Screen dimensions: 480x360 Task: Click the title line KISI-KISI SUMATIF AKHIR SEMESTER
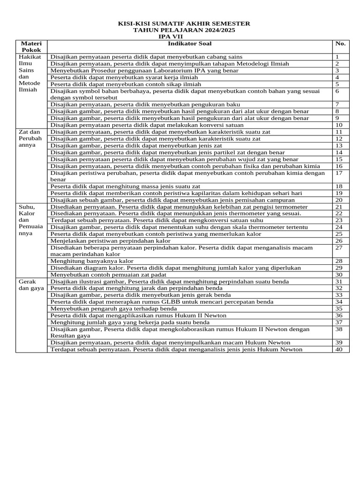click(184, 23)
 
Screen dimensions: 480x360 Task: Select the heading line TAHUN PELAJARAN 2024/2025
click(184, 30)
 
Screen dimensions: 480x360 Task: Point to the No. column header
click(340, 44)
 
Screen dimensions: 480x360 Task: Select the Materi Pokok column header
click(31, 46)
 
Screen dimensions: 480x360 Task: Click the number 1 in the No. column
click(337, 57)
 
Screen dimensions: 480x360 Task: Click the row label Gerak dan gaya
click(30, 285)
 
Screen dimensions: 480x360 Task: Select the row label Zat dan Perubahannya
click(30, 139)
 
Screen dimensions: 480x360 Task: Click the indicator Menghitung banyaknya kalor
click(92, 261)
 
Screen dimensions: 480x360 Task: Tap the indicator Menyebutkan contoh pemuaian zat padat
click(109, 275)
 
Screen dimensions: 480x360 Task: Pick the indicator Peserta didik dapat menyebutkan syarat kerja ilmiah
click(124, 77)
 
